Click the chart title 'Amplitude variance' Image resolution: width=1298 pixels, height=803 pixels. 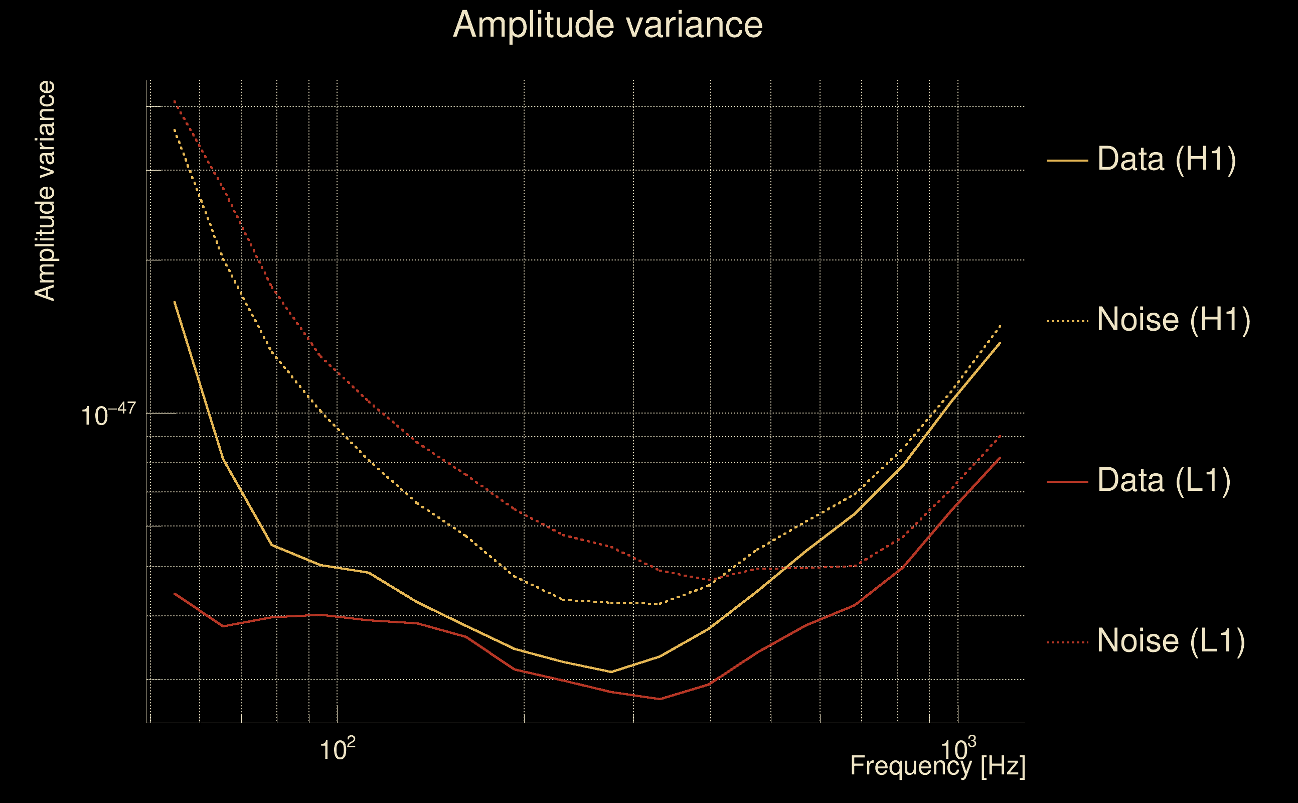607,25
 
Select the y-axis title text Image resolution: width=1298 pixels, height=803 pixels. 45,191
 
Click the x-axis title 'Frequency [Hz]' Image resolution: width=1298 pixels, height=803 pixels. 938,766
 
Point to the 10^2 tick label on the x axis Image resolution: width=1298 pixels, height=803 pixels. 337,749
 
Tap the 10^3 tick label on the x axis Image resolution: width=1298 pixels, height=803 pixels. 958,749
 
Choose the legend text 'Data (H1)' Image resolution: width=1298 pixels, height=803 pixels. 1167,159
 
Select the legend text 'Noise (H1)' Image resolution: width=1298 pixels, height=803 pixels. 1173,320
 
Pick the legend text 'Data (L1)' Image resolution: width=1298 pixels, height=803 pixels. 1164,481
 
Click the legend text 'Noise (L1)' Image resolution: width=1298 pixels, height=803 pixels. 1171,641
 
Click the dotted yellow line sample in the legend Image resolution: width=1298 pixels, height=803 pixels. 1067,321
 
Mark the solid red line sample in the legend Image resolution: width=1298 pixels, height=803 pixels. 1067,482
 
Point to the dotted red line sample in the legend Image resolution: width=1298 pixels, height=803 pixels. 1067,642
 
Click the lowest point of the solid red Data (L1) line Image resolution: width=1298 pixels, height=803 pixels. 660,699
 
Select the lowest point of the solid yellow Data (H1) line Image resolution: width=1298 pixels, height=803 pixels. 611,672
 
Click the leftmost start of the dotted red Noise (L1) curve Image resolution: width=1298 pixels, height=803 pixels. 175,100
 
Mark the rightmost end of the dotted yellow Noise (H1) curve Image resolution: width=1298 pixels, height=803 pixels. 1000,325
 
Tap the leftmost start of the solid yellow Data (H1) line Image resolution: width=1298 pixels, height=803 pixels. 175,302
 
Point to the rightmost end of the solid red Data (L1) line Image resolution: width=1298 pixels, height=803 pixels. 1000,457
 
